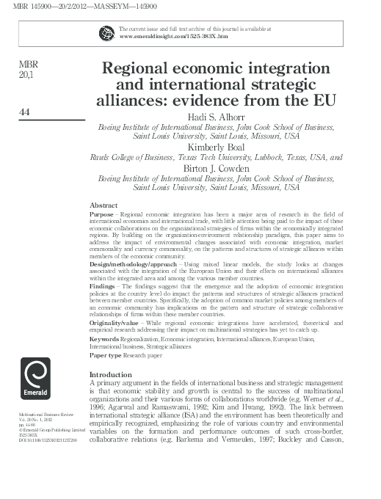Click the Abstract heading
(104, 203)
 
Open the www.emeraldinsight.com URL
(162, 35)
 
